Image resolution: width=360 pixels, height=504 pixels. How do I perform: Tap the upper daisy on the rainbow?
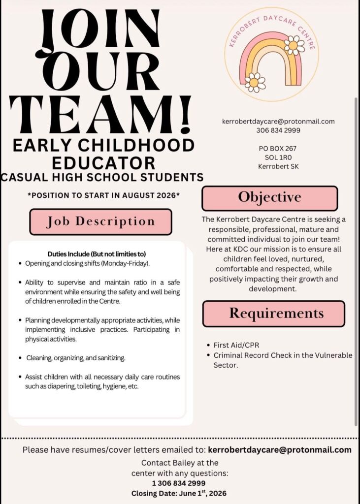click(295, 45)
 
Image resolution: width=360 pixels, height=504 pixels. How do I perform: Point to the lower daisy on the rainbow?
click(255, 82)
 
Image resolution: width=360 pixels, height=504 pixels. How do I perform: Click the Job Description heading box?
click(100, 221)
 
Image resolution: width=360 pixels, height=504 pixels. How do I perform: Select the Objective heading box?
click(269, 198)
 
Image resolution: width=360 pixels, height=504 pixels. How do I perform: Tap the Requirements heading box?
click(273, 314)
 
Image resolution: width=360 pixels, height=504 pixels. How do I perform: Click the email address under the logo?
click(278, 121)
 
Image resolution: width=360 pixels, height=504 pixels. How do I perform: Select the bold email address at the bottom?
click(280, 449)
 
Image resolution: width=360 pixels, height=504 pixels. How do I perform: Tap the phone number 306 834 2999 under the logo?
click(278, 130)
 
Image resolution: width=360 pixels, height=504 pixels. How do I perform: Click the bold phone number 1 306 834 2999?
click(179, 483)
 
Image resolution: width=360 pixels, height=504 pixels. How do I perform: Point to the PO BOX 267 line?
click(278, 148)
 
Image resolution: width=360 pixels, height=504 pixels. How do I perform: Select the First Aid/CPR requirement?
click(236, 345)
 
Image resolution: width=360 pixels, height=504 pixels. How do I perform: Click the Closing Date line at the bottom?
click(179, 493)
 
